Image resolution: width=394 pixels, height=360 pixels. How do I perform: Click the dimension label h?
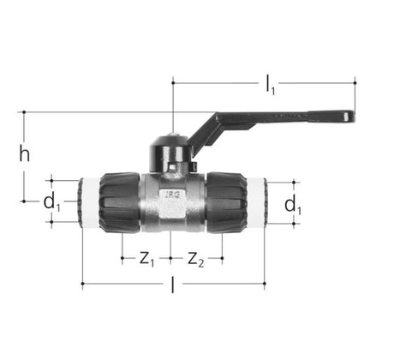[25, 153]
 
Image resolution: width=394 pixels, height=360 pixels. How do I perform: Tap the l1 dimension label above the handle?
[270, 84]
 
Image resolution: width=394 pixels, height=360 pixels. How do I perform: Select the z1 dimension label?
[146, 259]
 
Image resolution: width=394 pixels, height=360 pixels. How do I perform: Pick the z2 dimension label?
[196, 259]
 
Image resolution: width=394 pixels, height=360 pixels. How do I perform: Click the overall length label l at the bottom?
[172, 285]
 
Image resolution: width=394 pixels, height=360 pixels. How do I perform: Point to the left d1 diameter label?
[51, 202]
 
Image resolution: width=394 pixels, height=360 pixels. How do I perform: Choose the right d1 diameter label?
[293, 205]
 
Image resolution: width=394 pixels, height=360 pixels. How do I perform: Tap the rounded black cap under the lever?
[171, 154]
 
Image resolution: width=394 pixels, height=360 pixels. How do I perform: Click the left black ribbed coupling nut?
[120, 202]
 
